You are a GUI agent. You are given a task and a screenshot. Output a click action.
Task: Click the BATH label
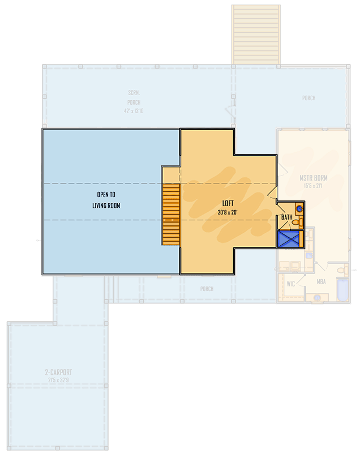(x=286, y=217)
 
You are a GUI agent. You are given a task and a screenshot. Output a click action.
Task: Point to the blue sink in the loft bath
(x=299, y=208)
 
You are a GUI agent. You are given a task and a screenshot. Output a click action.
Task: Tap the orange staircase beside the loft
(x=171, y=213)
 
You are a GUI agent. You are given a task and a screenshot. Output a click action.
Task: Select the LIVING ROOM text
(x=106, y=206)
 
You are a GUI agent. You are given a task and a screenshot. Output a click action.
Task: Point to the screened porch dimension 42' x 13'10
(x=134, y=112)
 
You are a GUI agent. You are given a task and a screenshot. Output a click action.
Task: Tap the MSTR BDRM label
(x=314, y=178)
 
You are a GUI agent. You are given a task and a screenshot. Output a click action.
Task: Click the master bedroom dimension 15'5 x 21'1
(x=314, y=186)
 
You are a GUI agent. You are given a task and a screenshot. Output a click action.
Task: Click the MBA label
(x=321, y=282)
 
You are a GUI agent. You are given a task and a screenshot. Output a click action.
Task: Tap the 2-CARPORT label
(x=58, y=372)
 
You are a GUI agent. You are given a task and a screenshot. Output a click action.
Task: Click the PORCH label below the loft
(x=207, y=289)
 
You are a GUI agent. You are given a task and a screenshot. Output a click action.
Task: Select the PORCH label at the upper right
(x=308, y=98)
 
